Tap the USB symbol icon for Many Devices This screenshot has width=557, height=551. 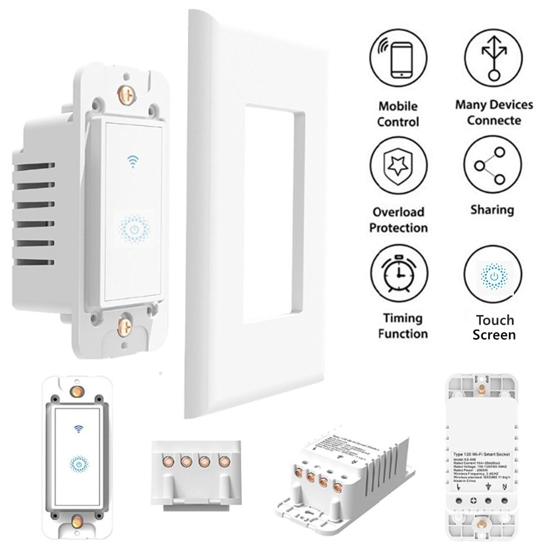pyautogui.click(x=493, y=59)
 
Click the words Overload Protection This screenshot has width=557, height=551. pyautogui.click(x=399, y=220)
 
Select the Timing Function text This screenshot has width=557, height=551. pyautogui.click(x=403, y=326)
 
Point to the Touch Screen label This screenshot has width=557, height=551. pyautogui.click(x=495, y=327)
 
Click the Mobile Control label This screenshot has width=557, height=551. pyautogui.click(x=398, y=114)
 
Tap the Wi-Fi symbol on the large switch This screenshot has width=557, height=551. pyautogui.click(x=133, y=161)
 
